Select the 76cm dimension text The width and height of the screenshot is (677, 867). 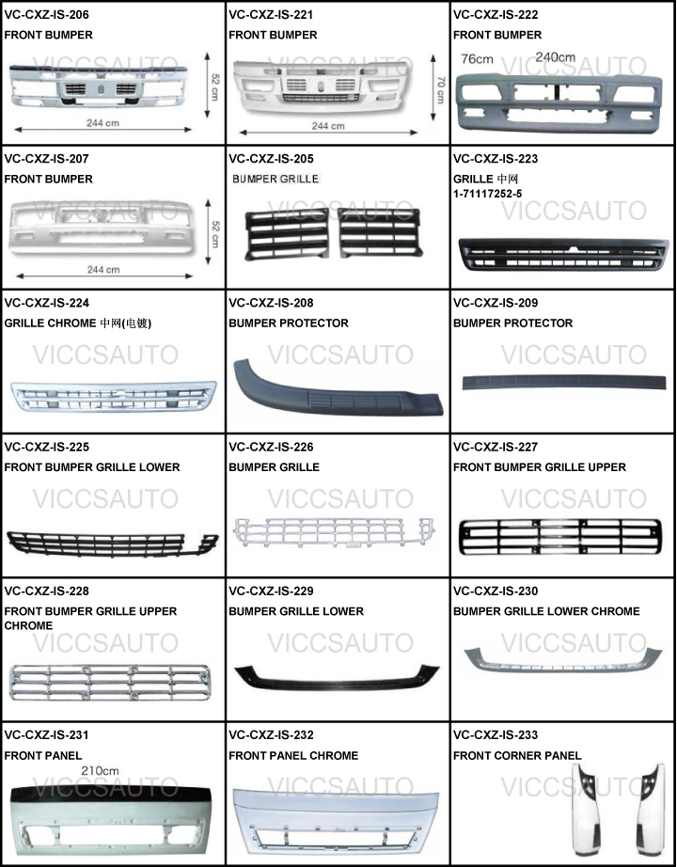(x=477, y=58)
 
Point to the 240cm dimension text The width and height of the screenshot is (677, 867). (x=555, y=56)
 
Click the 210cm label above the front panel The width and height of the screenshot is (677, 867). (x=100, y=771)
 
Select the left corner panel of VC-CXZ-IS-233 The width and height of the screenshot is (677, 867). (x=590, y=806)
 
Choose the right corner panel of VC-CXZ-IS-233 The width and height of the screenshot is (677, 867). (x=648, y=806)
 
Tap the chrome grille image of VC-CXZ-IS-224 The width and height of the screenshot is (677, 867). (x=113, y=395)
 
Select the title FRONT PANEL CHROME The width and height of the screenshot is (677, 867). (x=293, y=755)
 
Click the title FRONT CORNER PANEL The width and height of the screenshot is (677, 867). (x=517, y=755)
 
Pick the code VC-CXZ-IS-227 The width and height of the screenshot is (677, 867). (x=496, y=447)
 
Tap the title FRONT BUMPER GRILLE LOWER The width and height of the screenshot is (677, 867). (x=92, y=466)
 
